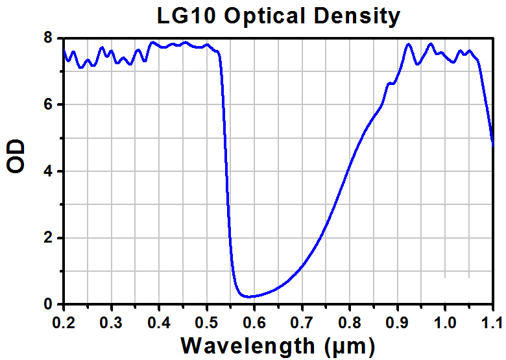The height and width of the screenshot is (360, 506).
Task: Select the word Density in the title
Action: (356, 16)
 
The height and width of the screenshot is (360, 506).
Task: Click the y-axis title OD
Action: (17, 156)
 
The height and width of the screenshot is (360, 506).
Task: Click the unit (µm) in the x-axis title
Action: (350, 344)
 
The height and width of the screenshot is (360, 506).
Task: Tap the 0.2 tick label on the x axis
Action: (64, 320)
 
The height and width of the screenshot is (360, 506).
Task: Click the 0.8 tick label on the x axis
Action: (350, 320)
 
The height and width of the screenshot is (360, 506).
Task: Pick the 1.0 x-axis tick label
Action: (444, 320)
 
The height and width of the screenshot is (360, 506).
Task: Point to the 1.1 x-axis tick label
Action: (492, 320)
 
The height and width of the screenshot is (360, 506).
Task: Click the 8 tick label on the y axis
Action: (48, 38)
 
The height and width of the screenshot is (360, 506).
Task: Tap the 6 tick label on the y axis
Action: (48, 104)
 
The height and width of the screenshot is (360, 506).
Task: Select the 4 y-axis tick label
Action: (48, 171)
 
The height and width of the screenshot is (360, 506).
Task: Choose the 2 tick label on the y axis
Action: (48, 238)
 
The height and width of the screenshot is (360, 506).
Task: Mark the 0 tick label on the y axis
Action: (48, 304)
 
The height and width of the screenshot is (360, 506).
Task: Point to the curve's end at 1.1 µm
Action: (493, 146)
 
